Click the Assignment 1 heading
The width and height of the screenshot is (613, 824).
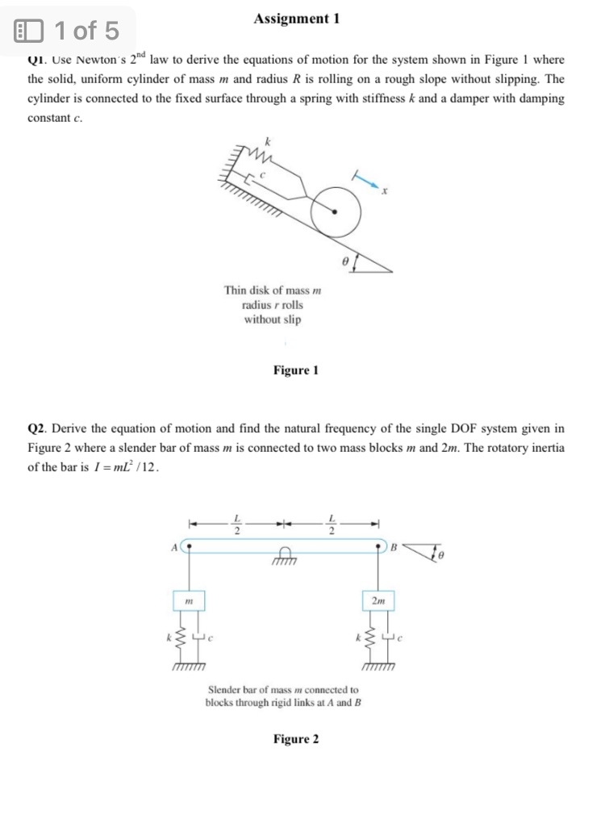[x=296, y=18]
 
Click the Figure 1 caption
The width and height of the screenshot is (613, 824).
[x=296, y=370]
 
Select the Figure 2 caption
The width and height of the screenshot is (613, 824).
[x=296, y=739]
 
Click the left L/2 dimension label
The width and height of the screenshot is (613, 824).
[x=236, y=524]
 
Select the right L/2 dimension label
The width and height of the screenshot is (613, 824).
[x=332, y=524]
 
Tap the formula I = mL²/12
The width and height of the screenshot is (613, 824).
[x=125, y=467]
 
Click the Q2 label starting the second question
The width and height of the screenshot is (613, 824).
[x=37, y=428]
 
